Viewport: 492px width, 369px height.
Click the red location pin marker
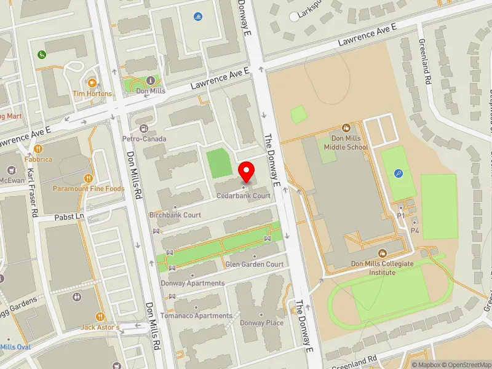point(247,172)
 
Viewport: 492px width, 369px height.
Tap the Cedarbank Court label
point(244,196)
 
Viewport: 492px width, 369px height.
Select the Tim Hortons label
point(92,93)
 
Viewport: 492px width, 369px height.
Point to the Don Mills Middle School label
point(349,143)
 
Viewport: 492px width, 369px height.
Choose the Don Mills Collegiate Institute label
point(382,268)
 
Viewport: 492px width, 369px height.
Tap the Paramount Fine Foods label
point(89,189)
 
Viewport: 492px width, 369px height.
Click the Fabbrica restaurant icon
point(38,148)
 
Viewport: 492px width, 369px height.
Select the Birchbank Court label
point(175,215)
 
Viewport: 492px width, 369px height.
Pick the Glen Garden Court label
point(255,264)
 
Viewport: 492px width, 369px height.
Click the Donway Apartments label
point(192,284)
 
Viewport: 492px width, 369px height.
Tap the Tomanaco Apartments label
point(196,315)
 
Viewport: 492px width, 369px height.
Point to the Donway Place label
point(262,323)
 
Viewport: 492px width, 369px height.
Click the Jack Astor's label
point(100,328)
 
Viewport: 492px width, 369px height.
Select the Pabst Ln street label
point(68,216)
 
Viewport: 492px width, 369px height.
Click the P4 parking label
point(415,231)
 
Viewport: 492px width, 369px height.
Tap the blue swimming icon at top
point(197,17)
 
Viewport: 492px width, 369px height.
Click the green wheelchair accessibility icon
point(42,54)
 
